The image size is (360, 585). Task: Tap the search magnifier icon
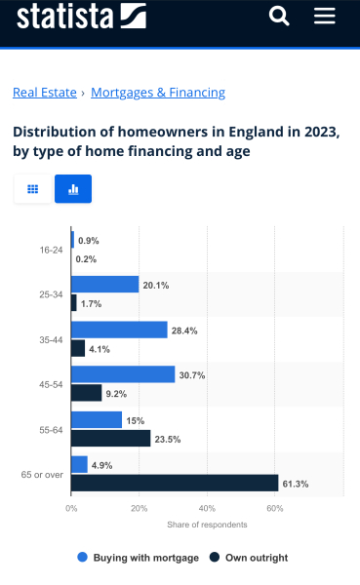click(x=279, y=16)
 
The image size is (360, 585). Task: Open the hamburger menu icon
click(x=325, y=16)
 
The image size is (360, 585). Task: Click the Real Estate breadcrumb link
click(x=44, y=93)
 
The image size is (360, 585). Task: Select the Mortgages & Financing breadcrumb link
click(x=158, y=93)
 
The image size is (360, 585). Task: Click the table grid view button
click(x=32, y=189)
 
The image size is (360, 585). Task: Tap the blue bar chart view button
click(x=73, y=189)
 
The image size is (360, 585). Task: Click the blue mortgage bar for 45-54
click(x=123, y=374)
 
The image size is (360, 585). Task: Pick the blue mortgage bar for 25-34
click(x=105, y=285)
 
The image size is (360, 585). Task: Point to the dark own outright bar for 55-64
click(x=111, y=438)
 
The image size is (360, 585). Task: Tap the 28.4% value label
click(x=184, y=331)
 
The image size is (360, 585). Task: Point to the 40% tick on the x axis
click(x=207, y=509)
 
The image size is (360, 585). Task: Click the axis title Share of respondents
click(x=207, y=525)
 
